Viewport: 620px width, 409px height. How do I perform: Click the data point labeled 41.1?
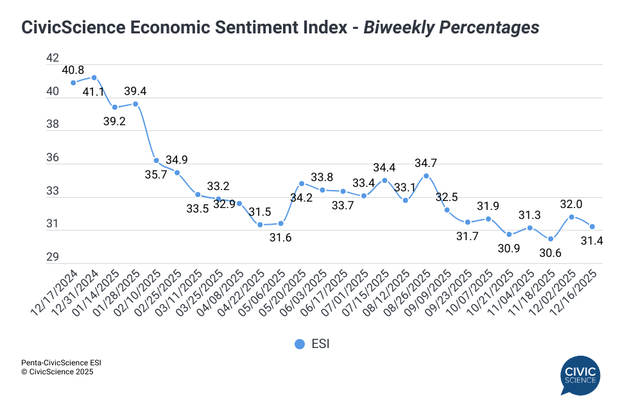click(94, 78)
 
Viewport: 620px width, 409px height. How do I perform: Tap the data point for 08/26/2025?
click(426, 176)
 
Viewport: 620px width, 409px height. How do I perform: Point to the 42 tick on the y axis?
click(53, 58)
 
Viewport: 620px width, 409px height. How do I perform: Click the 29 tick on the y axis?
click(53, 257)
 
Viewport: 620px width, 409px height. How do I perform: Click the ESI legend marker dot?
click(299, 344)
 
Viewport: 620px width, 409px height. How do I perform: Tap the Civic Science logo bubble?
click(580, 374)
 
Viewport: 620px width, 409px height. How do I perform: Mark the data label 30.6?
click(550, 252)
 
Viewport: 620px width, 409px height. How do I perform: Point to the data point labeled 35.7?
click(156, 161)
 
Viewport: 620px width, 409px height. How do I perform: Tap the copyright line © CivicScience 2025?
click(57, 372)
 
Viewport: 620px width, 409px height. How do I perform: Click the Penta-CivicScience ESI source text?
click(61, 363)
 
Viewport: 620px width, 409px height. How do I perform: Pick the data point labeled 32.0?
click(571, 217)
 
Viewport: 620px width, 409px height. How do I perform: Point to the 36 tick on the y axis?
click(53, 158)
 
